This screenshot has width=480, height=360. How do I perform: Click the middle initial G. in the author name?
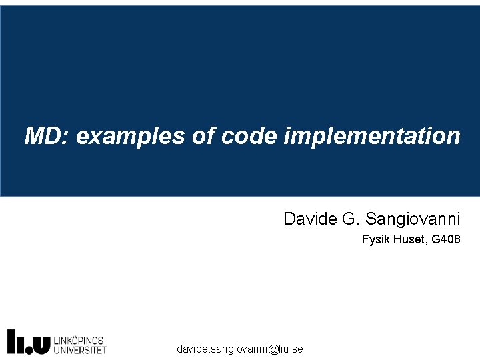(350, 219)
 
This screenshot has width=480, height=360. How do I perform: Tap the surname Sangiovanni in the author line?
(413, 219)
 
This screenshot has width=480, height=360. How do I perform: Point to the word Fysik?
(375, 239)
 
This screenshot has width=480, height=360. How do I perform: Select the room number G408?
(446, 239)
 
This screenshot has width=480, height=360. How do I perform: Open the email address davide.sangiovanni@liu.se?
(240, 349)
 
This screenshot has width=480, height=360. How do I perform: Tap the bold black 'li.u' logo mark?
(29, 341)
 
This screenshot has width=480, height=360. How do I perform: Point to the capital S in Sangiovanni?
(371, 219)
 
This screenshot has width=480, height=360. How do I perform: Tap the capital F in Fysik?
(365, 239)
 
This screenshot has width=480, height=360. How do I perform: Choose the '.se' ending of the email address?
(296, 349)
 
